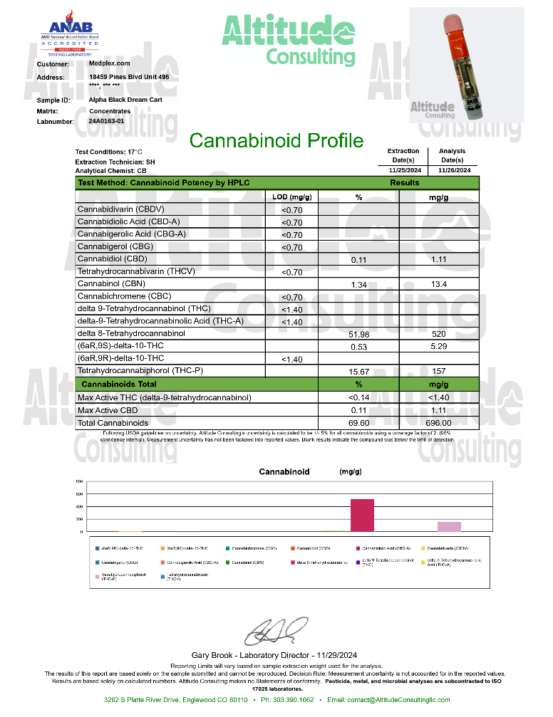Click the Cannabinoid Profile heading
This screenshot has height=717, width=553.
pos(276,141)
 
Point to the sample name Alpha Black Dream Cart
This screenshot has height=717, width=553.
pos(125,100)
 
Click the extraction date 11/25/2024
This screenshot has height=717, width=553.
pos(403,171)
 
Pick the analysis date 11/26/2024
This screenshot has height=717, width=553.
pos(453,171)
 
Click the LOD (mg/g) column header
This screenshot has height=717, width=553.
pos(292,197)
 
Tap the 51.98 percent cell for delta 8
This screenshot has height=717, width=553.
pos(358,335)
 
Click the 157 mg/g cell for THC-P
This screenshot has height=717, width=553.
pos(439,372)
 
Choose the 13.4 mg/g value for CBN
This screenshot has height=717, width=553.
pos(439,285)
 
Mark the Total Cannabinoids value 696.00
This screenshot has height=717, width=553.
pos(439,423)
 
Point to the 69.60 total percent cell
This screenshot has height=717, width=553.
pos(358,423)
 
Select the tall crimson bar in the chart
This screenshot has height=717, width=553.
pos(362,515)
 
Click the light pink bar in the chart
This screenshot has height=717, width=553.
pos(449,526)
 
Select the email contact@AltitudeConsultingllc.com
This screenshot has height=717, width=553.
pos(399,700)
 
